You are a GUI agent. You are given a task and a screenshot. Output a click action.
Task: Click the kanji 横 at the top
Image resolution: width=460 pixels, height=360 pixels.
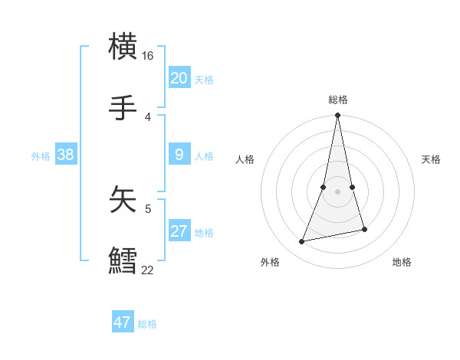[123, 47]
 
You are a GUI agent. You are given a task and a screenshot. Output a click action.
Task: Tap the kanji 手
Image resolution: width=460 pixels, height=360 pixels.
[123, 109]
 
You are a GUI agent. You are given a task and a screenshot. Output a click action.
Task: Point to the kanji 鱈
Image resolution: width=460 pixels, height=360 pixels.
[123, 260]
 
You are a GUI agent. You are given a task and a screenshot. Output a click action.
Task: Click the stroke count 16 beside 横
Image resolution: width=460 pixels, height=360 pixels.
[147, 56]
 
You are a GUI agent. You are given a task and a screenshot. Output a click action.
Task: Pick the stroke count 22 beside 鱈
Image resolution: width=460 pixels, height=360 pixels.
[147, 270]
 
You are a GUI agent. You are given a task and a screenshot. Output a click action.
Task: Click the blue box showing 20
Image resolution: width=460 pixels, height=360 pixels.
[179, 78]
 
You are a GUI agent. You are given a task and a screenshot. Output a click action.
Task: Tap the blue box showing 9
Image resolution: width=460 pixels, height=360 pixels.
[179, 155]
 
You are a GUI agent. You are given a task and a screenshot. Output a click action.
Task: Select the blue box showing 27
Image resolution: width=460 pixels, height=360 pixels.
[179, 231]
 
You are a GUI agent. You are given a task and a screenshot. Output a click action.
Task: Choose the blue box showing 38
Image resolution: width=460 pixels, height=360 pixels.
[65, 155]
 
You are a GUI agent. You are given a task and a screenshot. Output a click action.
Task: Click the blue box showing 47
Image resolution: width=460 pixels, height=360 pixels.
[122, 322]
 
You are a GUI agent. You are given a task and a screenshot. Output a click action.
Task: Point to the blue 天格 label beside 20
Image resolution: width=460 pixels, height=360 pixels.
[203, 80]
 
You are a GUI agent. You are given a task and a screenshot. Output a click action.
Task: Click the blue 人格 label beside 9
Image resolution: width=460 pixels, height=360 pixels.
[203, 156]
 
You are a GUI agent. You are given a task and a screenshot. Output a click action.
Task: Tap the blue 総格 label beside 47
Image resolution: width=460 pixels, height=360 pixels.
[147, 324]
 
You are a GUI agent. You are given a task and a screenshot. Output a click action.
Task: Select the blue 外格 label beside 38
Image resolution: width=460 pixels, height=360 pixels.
[41, 156]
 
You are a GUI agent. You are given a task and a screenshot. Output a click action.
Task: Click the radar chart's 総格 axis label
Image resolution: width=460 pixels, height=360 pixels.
[337, 100]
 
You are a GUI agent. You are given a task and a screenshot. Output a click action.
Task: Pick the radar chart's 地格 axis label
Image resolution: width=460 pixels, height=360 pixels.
[402, 262]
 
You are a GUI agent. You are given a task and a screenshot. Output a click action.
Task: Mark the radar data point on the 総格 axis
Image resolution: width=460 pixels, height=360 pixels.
[337, 116]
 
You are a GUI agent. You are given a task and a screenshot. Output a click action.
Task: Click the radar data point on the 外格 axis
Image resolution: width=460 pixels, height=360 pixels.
[302, 241]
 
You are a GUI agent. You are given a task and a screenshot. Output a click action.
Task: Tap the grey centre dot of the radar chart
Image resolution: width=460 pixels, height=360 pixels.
[337, 191]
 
